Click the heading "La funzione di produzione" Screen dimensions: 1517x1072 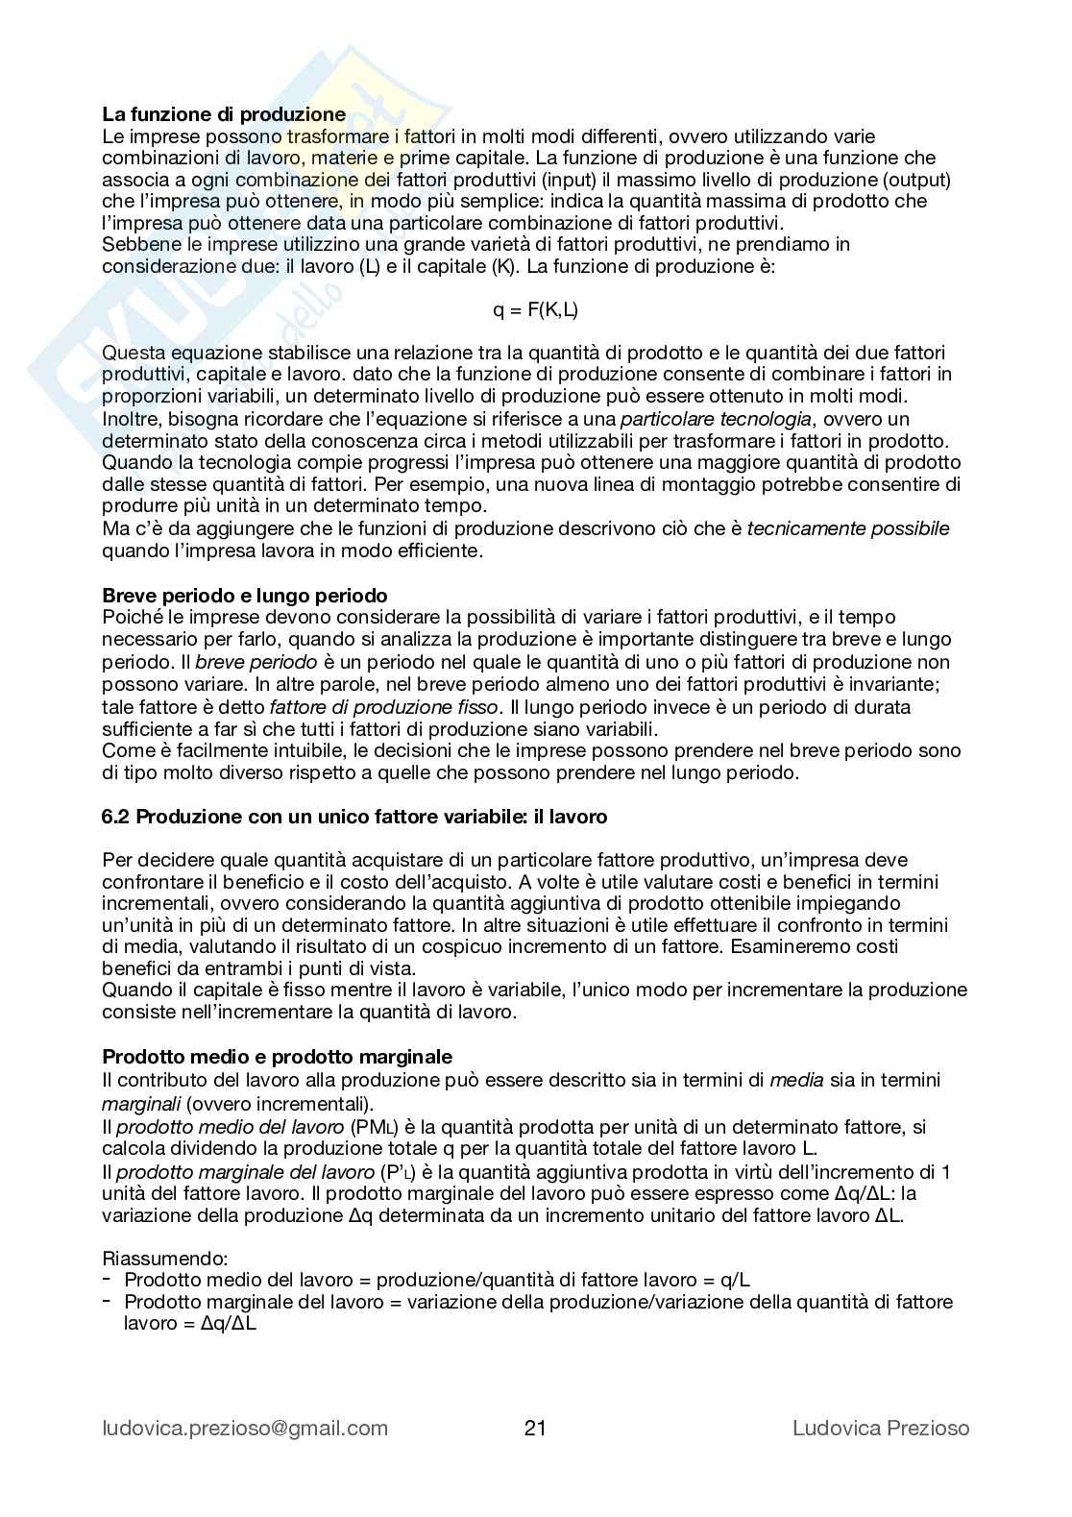coord(224,115)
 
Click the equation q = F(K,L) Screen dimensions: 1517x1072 coord(535,309)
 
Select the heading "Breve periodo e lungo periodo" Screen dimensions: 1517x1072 coord(245,596)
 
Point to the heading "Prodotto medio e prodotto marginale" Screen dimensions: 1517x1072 coord(277,1057)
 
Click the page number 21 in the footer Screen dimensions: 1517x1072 coord(535,1428)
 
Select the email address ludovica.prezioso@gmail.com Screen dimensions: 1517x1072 coord(245,1428)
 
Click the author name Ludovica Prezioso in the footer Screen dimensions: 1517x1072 coord(881,1428)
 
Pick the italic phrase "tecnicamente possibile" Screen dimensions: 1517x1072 coord(848,528)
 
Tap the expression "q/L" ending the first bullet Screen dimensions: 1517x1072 coord(735,1280)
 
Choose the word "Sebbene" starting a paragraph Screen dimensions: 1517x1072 coord(135,244)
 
